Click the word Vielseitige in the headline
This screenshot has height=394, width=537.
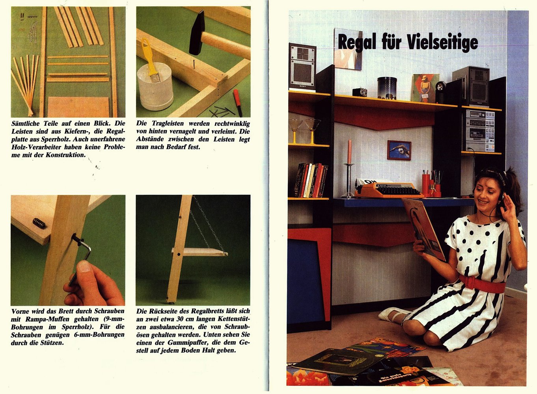(x=442, y=43)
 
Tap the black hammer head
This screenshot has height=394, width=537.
(x=197, y=33)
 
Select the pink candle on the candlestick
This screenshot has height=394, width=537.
(x=349, y=151)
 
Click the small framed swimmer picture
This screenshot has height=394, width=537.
(x=399, y=150)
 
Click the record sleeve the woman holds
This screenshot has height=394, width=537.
(x=423, y=229)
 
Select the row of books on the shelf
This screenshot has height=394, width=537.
(x=311, y=180)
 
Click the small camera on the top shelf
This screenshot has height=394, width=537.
(x=360, y=92)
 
